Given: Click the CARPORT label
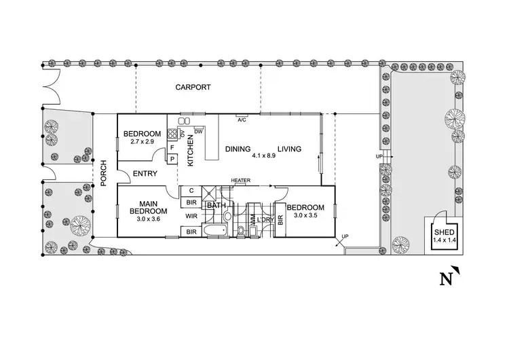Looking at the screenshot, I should coord(193,88).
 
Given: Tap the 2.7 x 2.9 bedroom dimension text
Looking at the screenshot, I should coord(142,141).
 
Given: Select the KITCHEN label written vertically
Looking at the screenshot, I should coord(191,150).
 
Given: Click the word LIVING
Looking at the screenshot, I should coord(288,149).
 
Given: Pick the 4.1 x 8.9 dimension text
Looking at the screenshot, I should coord(263,156).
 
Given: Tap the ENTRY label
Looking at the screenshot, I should coord(145,174).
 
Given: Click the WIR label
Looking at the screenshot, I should coord(191,217).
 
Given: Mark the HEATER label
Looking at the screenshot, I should coord(241,181).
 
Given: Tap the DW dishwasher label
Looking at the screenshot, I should coord(198,130).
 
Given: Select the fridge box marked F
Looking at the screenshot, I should coord(172,147).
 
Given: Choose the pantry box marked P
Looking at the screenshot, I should coord(172,159).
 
